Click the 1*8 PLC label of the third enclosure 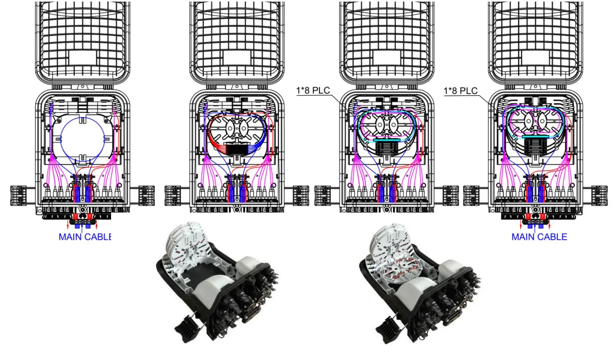(313, 90)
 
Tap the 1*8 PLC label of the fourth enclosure (461, 91)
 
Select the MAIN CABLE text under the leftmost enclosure (85, 237)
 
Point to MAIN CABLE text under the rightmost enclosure (539, 237)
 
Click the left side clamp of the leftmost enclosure (18, 196)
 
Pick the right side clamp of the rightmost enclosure (600, 196)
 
